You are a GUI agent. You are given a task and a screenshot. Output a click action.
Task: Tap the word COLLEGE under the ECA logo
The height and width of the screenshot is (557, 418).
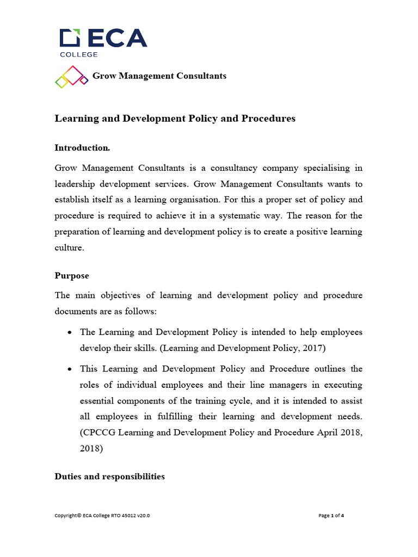(78, 54)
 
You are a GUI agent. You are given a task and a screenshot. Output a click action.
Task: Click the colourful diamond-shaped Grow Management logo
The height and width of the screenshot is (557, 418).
(71, 77)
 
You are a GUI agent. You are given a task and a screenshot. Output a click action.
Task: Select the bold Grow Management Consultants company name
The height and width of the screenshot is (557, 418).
(159, 76)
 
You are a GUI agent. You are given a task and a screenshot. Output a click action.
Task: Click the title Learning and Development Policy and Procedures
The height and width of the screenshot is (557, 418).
(175, 119)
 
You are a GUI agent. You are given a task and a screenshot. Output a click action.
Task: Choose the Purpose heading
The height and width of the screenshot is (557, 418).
(72, 276)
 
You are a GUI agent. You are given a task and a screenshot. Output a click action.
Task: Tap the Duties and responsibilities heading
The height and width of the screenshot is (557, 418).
(109, 476)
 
